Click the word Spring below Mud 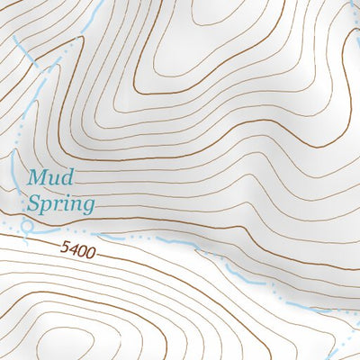pyautogui.click(x=60, y=204)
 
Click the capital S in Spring pyautogui.click(x=33, y=203)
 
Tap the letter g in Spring pyautogui.click(x=87, y=207)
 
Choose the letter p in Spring pyautogui.click(x=47, y=207)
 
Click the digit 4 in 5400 pyautogui.click(x=74, y=247)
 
